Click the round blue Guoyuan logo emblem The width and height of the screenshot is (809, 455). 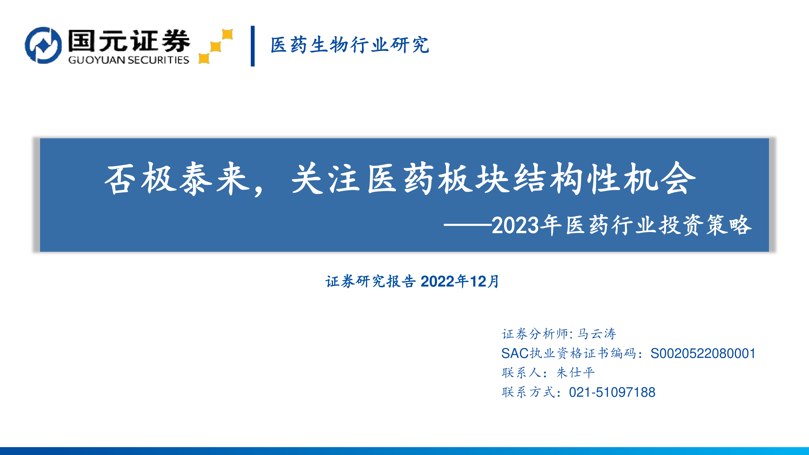point(43,45)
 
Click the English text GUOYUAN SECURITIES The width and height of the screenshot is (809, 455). point(129,60)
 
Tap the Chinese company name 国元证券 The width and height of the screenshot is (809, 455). point(129,41)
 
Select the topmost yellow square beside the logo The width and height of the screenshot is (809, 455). point(227,34)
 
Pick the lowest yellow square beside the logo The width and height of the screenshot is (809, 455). point(204,58)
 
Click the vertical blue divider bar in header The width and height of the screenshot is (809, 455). point(252,46)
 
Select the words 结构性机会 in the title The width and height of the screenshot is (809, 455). point(605,179)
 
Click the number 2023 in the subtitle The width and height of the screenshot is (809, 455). point(515,225)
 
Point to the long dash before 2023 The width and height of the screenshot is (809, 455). point(468,224)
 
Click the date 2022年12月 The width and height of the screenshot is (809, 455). point(460,281)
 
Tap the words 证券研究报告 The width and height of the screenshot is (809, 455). point(371,281)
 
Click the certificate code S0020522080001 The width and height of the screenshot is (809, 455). point(703,353)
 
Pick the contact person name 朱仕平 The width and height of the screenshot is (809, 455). point(576,373)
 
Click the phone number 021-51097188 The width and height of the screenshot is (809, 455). point(612,392)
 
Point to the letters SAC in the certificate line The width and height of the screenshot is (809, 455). point(515,353)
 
